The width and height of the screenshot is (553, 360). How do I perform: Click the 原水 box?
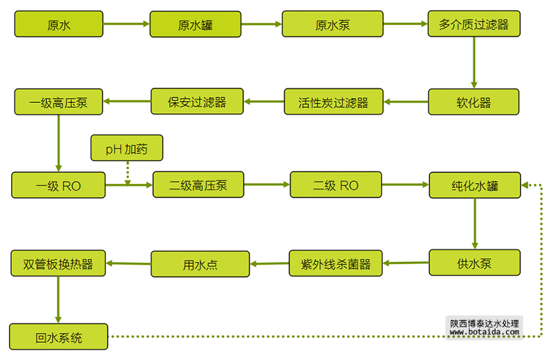59,24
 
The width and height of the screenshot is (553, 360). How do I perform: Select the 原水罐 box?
196,24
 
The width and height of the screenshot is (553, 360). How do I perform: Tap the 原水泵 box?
332,24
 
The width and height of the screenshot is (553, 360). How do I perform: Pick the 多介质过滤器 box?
474,24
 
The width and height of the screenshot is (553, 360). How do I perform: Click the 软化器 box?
474,103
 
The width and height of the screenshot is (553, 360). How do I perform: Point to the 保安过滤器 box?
198,102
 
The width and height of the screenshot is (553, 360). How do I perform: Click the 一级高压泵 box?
59,102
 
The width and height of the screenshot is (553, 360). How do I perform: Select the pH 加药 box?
126,148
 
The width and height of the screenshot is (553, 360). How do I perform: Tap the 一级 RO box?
59,185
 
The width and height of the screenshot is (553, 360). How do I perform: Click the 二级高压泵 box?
198,185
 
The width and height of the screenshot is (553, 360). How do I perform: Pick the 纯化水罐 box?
475,185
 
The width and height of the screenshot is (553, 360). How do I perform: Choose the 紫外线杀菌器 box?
336,263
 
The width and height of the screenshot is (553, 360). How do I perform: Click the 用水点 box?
200,264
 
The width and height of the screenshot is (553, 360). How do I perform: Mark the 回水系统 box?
59,337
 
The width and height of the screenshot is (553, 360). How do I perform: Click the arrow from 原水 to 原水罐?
127,24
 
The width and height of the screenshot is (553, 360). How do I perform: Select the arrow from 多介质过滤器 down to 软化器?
474,63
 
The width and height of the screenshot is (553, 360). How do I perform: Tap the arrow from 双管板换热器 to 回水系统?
59,299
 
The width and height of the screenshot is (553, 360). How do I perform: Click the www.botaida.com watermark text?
483,332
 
